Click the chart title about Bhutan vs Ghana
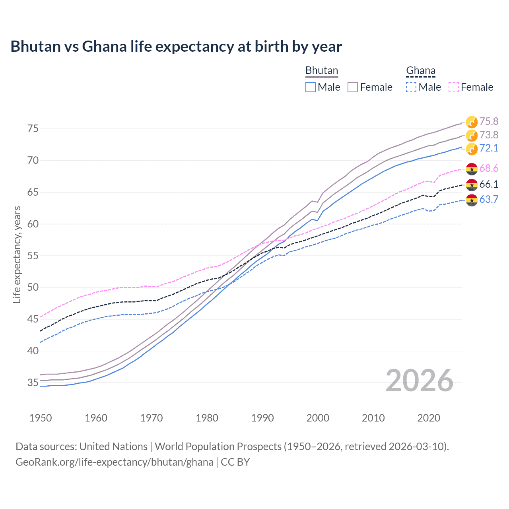tap(176, 47)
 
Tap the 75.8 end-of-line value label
tap(489, 121)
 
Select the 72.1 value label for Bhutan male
tap(489, 148)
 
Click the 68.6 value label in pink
tap(489, 168)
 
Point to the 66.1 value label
tap(489, 184)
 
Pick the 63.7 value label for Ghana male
tap(489, 199)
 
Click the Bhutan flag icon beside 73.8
tap(472, 135)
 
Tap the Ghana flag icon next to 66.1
tap(472, 185)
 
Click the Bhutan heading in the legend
tap(321, 71)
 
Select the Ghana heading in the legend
tap(420, 71)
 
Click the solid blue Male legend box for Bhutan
tap(311, 87)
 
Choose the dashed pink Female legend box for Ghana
tap(453, 87)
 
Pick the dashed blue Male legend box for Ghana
tap(411, 87)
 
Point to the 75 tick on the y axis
tap(33, 129)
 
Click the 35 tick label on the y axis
tap(33, 383)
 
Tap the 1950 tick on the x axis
tap(41, 418)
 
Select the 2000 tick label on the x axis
tap(318, 418)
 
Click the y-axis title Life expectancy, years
tap(17, 254)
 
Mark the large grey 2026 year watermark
tap(419, 381)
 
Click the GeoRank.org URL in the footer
tap(115, 462)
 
